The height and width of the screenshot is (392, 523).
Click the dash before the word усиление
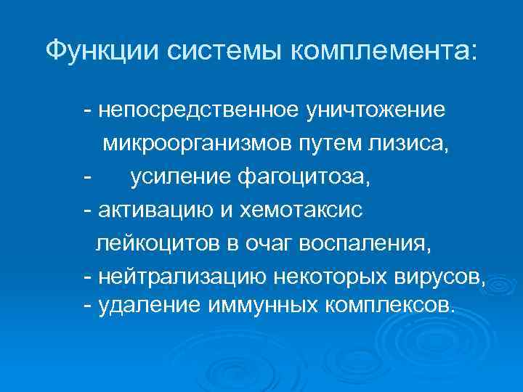tap(87, 177)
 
